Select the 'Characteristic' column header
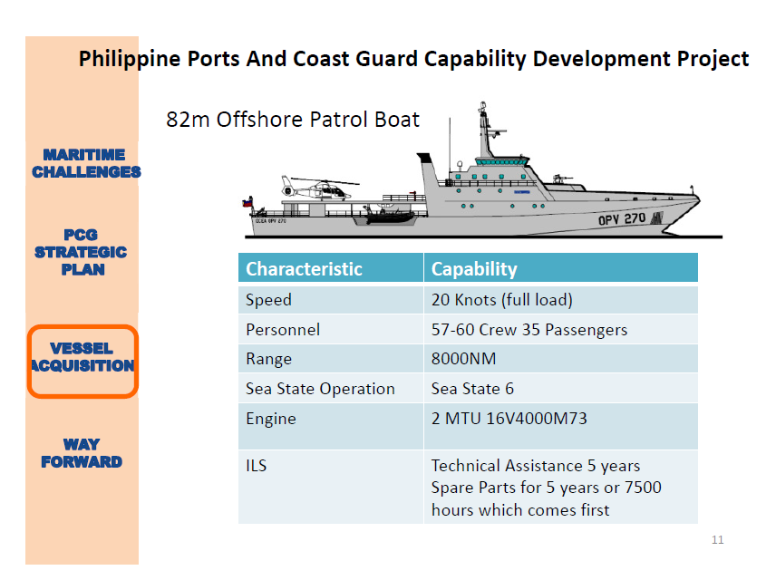[304, 269]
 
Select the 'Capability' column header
[474, 269]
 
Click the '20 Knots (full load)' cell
[501, 300]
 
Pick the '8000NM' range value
[463, 359]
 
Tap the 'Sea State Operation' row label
[320, 389]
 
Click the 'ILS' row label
[257, 466]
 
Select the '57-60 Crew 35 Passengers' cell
[529, 330]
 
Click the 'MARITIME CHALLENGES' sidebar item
[85, 163]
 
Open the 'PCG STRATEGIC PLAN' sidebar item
[82, 252]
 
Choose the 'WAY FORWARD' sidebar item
[82, 453]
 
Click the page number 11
[717, 540]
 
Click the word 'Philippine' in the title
[124, 60]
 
